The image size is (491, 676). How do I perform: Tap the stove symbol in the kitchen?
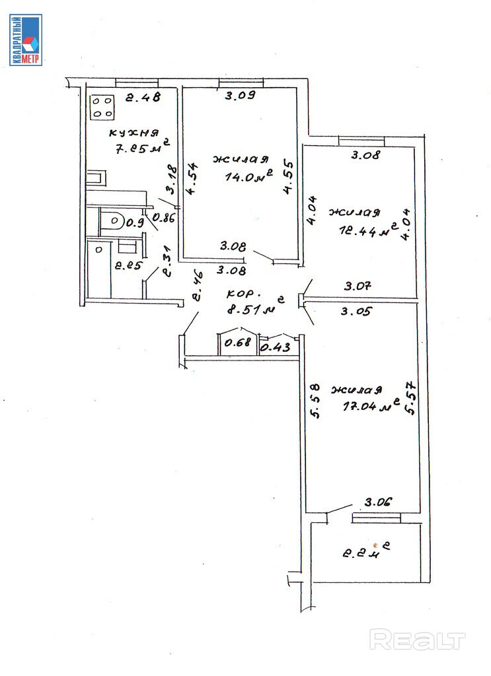pyautogui.click(x=102, y=107)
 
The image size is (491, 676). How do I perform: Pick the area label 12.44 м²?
pyautogui.click(x=364, y=230)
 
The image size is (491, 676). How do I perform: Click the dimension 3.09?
pyautogui.click(x=239, y=95)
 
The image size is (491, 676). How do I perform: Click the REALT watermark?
pyautogui.click(x=417, y=640)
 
